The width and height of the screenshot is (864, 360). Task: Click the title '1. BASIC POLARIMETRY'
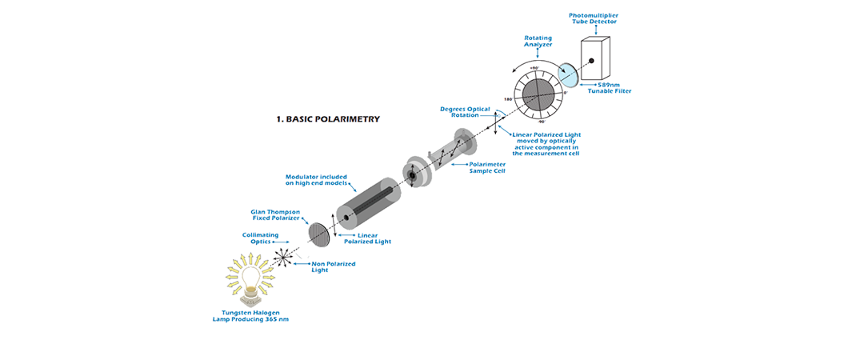click(x=328, y=119)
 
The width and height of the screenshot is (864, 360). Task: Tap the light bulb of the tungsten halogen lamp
click(x=250, y=274)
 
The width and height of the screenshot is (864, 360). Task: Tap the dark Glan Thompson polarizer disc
click(x=318, y=233)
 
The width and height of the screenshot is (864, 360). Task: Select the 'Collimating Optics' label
click(x=261, y=238)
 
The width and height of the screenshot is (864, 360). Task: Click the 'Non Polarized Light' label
click(x=333, y=266)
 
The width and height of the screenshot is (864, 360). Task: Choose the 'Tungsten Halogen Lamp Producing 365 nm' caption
click(x=252, y=317)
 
